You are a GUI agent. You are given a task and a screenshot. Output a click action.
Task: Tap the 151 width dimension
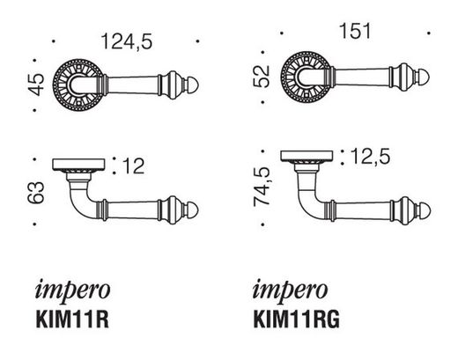point(352,33)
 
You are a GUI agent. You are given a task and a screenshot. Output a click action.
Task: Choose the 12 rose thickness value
point(131,165)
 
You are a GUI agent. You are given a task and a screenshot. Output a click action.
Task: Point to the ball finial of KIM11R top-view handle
point(194,211)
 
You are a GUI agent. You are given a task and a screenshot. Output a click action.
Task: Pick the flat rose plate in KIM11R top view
point(79,165)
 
